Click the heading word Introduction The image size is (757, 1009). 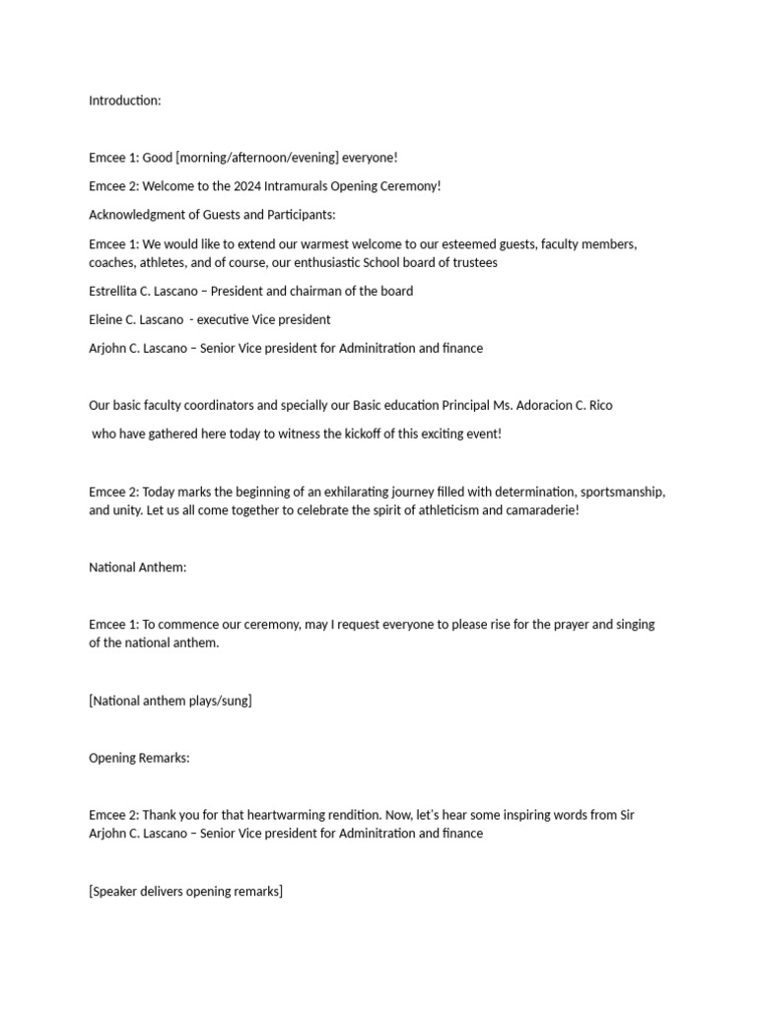click(124, 101)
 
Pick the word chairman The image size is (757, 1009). click(313, 291)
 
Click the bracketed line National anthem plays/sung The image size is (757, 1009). click(171, 701)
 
